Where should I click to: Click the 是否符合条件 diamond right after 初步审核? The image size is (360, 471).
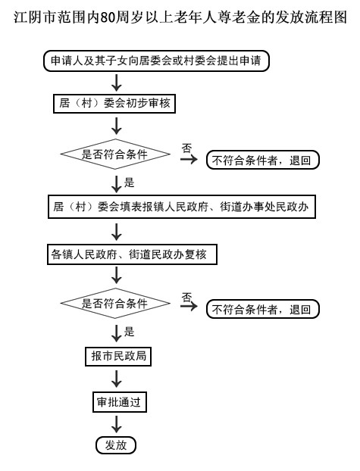coord(115,154)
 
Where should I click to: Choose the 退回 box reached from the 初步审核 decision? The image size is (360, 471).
coord(262,160)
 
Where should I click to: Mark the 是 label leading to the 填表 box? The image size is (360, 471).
coord(129,182)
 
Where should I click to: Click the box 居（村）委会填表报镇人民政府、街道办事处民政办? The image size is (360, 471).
coord(180,205)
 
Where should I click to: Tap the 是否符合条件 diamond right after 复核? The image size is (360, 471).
coord(115,304)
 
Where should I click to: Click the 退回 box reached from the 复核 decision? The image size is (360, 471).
coord(262,309)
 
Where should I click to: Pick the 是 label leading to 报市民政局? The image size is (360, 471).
coord(129,331)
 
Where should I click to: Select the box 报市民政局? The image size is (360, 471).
coord(116,356)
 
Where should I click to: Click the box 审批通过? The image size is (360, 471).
coord(116,401)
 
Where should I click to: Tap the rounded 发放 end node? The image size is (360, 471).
coord(116,444)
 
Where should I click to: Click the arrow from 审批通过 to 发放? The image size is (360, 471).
coord(116,423)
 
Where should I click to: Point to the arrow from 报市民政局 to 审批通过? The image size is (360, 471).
coord(116,379)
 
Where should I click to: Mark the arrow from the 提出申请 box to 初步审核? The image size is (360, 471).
coord(116,81)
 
